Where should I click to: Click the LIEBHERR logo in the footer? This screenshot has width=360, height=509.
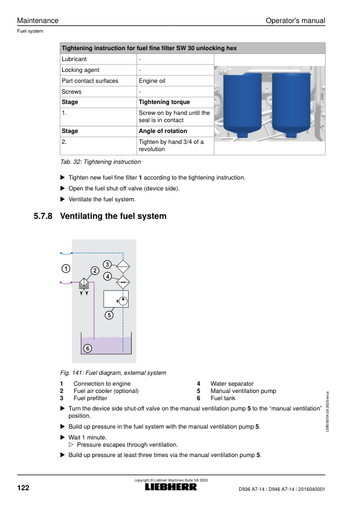(x=170, y=487)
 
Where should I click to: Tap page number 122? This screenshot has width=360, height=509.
(x=23, y=488)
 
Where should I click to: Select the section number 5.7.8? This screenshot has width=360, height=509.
(x=43, y=216)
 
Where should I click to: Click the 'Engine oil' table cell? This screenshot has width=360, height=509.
(x=152, y=81)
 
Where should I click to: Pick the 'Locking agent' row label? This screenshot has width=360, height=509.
(x=80, y=70)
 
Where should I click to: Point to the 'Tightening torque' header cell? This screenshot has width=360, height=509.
(x=164, y=102)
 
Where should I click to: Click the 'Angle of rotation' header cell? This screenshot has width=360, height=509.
(x=163, y=131)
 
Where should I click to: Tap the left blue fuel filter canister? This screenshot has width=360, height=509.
(x=243, y=105)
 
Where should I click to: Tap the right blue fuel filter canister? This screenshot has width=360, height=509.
(x=291, y=105)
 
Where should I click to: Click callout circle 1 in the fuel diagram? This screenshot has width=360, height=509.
(x=66, y=268)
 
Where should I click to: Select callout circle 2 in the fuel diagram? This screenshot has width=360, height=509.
(x=95, y=270)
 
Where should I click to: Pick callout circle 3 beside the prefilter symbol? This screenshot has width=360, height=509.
(x=107, y=264)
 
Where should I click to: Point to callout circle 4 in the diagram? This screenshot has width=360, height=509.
(x=108, y=276)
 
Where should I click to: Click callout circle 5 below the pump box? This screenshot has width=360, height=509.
(x=109, y=315)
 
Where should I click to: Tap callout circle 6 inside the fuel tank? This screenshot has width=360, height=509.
(x=88, y=348)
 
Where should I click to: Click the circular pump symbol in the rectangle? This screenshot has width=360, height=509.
(x=123, y=301)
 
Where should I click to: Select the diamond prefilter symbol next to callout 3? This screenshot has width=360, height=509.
(x=123, y=267)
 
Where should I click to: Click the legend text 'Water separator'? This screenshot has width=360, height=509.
(x=232, y=384)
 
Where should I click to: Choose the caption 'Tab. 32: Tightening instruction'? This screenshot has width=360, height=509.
(x=100, y=161)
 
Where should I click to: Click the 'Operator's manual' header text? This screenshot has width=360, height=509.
(x=295, y=21)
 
